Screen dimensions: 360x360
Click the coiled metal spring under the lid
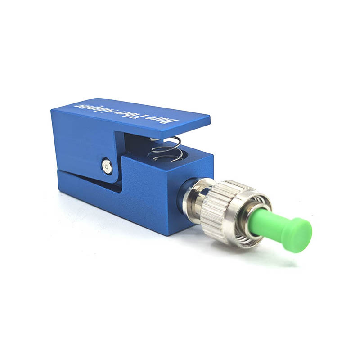coord(165,149)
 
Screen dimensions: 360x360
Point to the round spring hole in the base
coord(165,156)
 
